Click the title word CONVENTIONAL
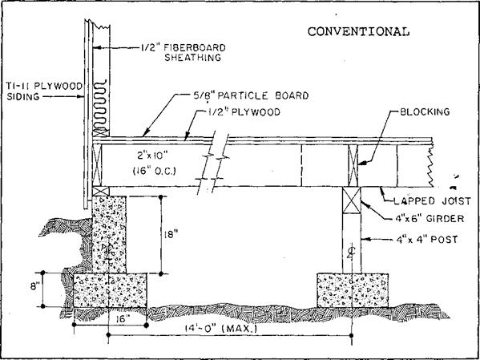click(358, 31)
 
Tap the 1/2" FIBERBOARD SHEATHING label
click(183, 53)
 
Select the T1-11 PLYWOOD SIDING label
click(42, 91)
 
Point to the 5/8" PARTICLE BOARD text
click(249, 95)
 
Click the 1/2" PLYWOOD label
click(242, 112)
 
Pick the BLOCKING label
click(425, 111)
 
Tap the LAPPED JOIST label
click(432, 201)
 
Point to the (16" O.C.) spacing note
click(155, 172)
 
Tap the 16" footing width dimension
click(127, 318)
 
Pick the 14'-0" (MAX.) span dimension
click(220, 330)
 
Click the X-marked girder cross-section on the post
click(352, 200)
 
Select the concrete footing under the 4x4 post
click(353, 290)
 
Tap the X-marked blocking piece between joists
click(353, 165)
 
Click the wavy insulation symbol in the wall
click(101, 105)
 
